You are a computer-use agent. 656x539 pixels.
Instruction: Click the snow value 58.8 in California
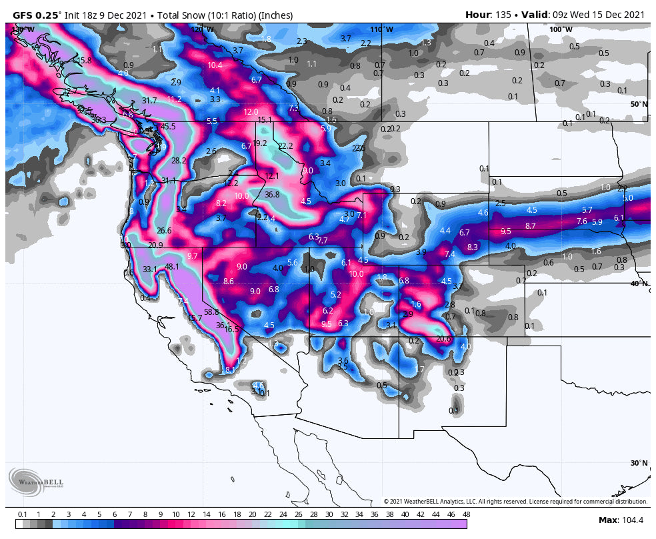click(x=211, y=312)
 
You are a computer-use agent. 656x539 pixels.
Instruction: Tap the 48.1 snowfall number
click(x=172, y=267)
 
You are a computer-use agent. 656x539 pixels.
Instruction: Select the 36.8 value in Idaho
click(x=272, y=195)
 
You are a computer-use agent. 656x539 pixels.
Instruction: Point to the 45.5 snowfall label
click(x=168, y=127)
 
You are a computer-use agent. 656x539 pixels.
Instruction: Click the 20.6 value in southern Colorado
click(x=443, y=339)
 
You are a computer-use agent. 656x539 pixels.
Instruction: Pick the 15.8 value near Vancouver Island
click(x=84, y=61)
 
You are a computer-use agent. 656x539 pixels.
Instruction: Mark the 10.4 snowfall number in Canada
click(x=215, y=65)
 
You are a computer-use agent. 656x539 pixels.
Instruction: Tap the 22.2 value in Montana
click(x=285, y=146)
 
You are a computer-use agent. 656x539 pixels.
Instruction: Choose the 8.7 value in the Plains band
click(x=530, y=226)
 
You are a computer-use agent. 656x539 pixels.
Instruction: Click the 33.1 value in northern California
click(x=149, y=270)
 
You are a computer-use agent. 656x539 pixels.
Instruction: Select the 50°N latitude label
click(x=639, y=104)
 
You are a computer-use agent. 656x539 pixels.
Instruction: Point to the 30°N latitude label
click(x=639, y=463)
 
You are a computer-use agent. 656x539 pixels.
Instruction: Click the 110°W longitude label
click(x=381, y=29)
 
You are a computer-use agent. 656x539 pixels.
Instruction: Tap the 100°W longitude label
click(x=560, y=29)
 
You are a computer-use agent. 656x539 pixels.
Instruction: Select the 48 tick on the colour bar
click(x=466, y=514)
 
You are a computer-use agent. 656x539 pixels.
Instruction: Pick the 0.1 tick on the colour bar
click(x=22, y=514)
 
